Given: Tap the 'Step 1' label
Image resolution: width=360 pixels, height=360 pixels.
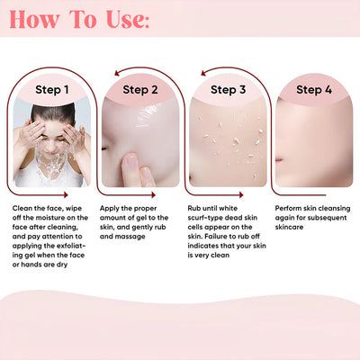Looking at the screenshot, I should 51,90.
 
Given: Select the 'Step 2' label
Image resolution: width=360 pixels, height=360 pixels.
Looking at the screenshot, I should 139,90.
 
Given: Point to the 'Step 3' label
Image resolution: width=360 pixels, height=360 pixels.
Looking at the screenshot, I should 228,90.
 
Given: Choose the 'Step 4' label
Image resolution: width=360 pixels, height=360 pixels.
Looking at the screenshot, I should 314,90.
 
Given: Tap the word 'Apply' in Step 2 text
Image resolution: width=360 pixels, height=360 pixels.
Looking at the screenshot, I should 111,208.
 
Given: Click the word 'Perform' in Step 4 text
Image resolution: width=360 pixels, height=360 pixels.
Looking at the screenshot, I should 289,208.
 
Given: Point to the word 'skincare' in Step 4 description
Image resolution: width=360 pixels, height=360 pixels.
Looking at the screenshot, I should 293,227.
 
